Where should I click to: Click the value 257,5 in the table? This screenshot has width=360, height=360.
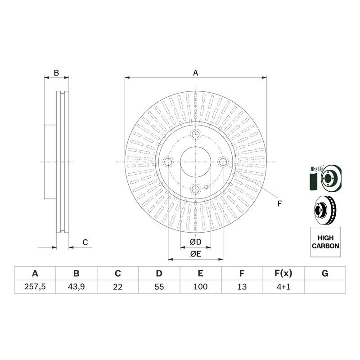click(x=35, y=286)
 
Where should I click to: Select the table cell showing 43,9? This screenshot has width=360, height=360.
click(x=76, y=286)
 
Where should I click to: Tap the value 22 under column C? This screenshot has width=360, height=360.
click(x=117, y=286)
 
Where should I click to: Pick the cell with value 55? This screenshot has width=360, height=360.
click(x=159, y=286)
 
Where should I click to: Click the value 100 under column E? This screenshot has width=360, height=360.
click(x=200, y=286)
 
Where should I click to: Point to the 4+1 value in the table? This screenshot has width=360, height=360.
click(x=283, y=286)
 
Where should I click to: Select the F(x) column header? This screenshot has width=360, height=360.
click(x=283, y=273)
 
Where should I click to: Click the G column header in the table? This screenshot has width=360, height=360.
click(x=325, y=273)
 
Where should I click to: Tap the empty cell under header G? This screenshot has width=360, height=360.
click(x=325, y=286)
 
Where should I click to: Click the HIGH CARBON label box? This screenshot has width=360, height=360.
click(x=325, y=242)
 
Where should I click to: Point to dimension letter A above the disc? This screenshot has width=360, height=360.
click(x=195, y=72)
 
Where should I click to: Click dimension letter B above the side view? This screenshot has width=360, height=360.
click(x=56, y=72)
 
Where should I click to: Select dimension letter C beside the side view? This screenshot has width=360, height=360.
click(x=85, y=243)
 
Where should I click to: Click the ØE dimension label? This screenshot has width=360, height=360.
click(x=195, y=254)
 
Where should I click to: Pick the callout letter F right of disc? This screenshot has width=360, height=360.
click(x=279, y=204)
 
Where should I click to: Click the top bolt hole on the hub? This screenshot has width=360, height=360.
click(x=195, y=135)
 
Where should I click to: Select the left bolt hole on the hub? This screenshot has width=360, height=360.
click(x=168, y=162)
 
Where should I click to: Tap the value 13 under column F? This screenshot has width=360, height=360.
click(x=242, y=286)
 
